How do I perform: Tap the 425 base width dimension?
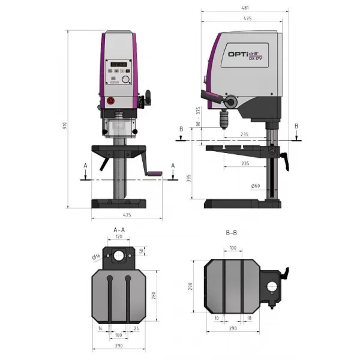pos(127,215)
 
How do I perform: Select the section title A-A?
pos(119,230)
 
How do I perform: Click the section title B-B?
pos(233,231)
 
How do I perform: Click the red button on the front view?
pos(111,101)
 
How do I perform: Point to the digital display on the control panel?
pos(118,64)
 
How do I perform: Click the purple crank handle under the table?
pos(155,175)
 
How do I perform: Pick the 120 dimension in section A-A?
pos(118,237)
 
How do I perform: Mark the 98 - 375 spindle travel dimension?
pos(197,116)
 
